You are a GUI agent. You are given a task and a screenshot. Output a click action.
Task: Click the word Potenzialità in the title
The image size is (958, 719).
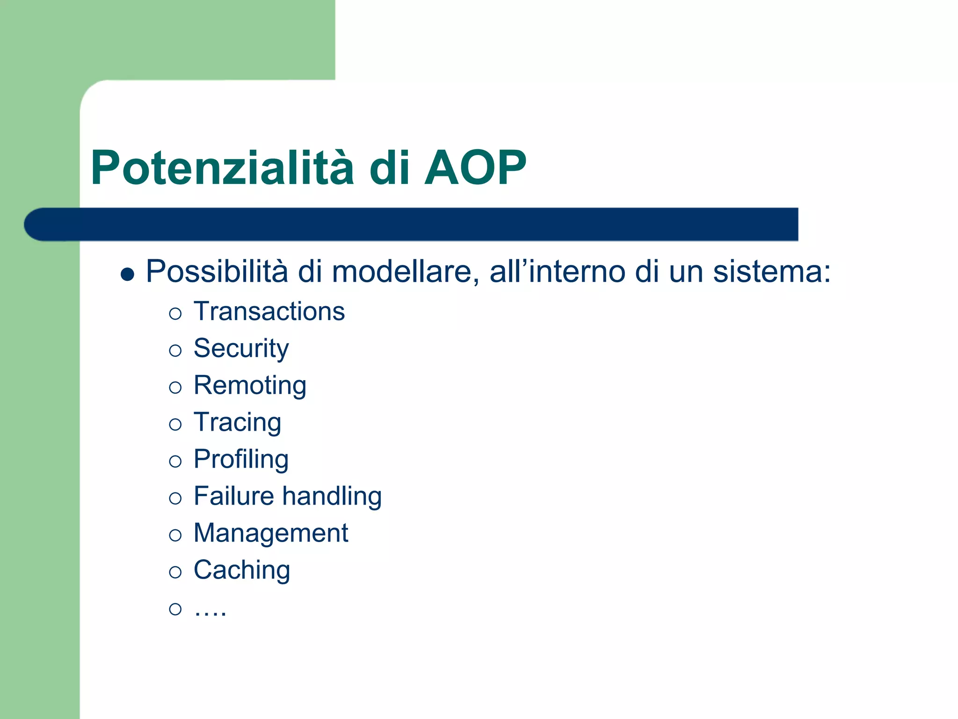pos(222,168)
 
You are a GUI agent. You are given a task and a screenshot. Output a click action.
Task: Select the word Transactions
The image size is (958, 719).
pos(269,312)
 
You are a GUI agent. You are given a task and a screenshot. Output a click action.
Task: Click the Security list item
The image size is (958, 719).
pos(241,349)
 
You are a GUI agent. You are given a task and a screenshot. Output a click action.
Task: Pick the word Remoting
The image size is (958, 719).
pos(250,386)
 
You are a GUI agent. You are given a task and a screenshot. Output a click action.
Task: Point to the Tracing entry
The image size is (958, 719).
pos(237,423)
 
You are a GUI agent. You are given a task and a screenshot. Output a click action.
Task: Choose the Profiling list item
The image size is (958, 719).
pos(241,459)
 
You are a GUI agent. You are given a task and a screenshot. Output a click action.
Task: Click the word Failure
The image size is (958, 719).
pos(233,496)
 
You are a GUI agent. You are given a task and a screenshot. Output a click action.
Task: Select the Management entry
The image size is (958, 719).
pos(270,533)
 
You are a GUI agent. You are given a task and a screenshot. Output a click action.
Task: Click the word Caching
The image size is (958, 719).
pos(242,570)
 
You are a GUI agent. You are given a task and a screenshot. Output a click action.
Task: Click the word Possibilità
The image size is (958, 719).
pos(217,271)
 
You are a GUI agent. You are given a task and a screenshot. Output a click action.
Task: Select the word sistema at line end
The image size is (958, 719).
pos(771,271)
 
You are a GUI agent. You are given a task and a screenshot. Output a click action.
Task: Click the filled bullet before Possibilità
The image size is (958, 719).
pos(127,274)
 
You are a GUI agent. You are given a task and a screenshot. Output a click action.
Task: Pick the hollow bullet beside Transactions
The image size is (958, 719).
pos(175,314)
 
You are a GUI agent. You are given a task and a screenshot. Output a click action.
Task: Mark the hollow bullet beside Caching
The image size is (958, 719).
pos(175,572)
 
